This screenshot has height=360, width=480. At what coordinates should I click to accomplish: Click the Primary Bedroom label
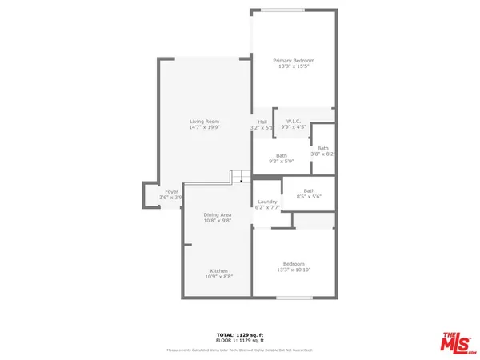(x=293, y=61)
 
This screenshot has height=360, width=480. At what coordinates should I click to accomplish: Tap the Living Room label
(x=204, y=120)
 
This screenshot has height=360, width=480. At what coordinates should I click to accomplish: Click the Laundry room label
(x=267, y=202)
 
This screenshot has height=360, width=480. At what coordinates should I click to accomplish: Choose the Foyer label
(x=171, y=192)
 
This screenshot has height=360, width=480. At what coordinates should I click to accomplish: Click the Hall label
(x=262, y=122)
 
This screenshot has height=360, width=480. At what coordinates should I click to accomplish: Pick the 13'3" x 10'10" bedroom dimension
(x=293, y=270)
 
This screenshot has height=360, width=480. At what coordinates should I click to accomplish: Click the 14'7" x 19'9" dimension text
(x=204, y=126)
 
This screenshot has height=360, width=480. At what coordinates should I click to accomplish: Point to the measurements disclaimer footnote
(x=240, y=350)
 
